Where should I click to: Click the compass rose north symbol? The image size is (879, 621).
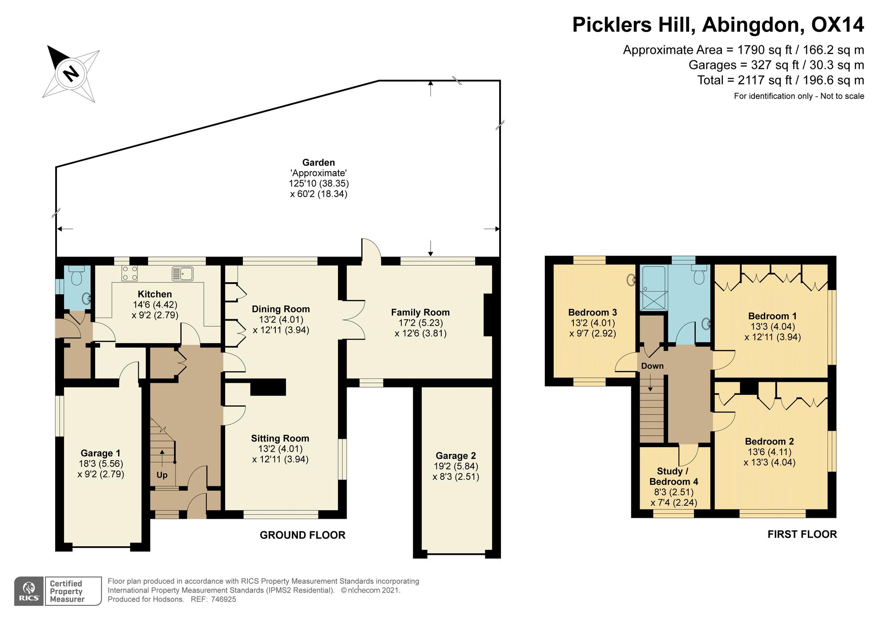click(x=71, y=73)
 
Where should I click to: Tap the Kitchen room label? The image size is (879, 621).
click(x=155, y=294)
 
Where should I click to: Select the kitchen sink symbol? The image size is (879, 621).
click(x=182, y=273)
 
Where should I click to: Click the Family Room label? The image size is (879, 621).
click(x=420, y=313)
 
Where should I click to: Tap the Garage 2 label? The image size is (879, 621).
click(x=456, y=456)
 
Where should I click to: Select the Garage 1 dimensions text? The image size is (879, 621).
click(x=101, y=469)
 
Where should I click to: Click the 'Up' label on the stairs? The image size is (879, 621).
click(x=162, y=475)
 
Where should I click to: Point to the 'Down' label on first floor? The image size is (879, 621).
click(x=652, y=366)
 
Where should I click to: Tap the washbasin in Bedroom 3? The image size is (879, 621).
click(x=631, y=280)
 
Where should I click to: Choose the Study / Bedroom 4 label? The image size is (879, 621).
click(x=673, y=477)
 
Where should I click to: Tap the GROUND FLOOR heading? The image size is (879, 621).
click(x=302, y=535)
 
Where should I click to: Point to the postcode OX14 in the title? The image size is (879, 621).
click(x=838, y=25)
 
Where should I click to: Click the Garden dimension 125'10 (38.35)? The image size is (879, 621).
click(x=319, y=183)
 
